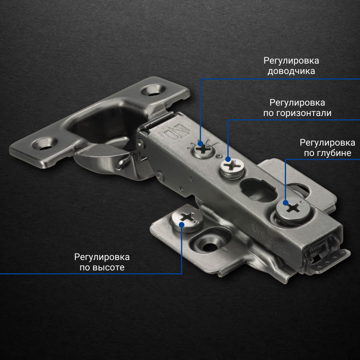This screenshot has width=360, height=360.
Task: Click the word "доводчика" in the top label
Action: point(291,71)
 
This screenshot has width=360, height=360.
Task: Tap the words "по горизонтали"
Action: point(297,113)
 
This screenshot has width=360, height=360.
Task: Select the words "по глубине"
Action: point(327,153)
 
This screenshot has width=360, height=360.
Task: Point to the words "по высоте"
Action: point(102,268)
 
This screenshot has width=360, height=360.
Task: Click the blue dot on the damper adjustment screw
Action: point(200,144)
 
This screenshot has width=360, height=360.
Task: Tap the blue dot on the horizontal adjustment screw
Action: point(228,159)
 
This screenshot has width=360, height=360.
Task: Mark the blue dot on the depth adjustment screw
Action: point(285,203)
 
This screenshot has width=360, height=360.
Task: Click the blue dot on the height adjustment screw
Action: point(182,224)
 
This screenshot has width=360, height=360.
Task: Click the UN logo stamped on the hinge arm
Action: point(177,132)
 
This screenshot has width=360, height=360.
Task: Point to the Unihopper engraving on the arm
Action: point(270,239)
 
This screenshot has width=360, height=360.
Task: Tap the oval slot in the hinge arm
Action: point(258,190)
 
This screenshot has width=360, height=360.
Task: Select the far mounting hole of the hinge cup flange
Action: point(153,90)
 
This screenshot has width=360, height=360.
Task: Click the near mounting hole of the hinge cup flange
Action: point(44,144)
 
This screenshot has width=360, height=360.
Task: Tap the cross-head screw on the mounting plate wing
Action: point(187,220)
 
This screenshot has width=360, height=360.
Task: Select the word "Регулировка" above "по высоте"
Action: point(102,257)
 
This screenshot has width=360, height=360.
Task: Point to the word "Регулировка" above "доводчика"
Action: point(291,61)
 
